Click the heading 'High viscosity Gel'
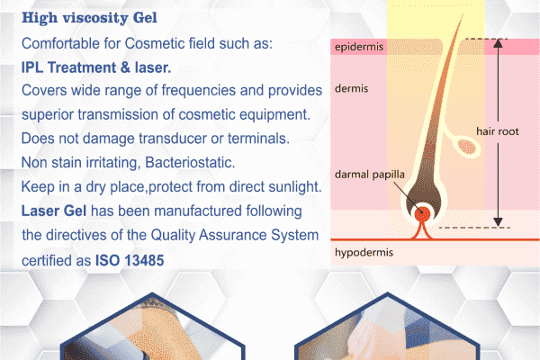pos(89,18)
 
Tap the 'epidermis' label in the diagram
pos(359,47)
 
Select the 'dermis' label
pos(351,88)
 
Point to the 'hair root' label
pos(498,131)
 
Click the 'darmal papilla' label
pos(370,175)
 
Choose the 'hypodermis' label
pos(364,253)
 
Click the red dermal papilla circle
pos(422,214)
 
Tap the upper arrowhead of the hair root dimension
pos(498,43)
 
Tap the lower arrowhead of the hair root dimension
pos(498,222)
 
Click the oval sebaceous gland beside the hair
pos(467,147)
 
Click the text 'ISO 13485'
pos(130,260)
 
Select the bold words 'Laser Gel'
pos(54,211)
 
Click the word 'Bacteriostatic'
pos(190,163)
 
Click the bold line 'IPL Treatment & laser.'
pos(96,67)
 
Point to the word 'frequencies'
pos(198,91)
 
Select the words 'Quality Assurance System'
pos(235,235)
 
